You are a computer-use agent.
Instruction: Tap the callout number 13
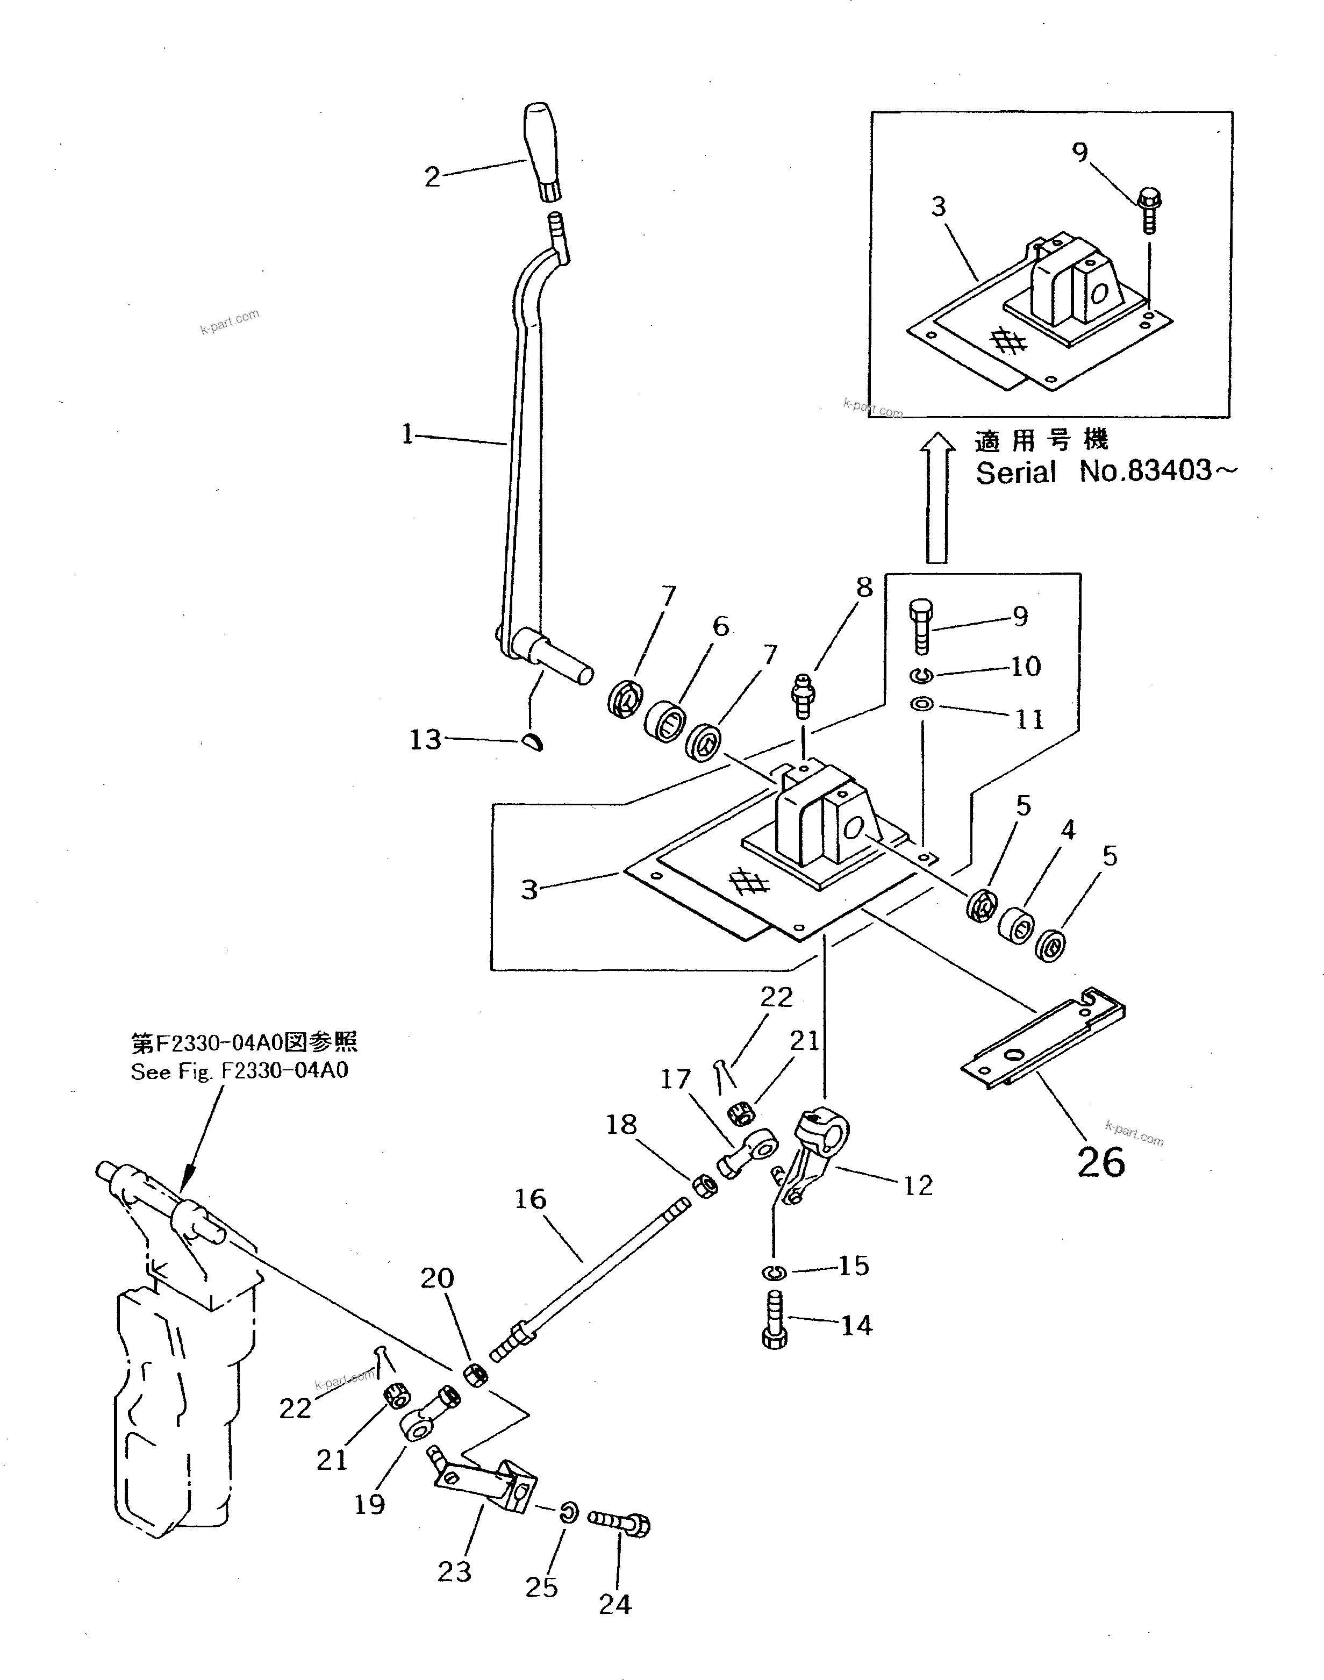(425, 740)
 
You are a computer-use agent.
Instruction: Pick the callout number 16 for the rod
(530, 1199)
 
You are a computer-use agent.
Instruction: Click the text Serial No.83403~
(1105, 471)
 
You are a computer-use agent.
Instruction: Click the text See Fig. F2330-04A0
(239, 1071)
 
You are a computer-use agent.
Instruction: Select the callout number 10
(1025, 666)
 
